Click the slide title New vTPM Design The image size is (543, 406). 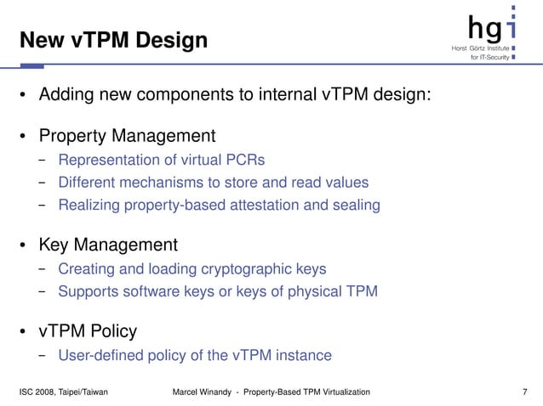click(113, 39)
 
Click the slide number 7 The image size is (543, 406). click(525, 392)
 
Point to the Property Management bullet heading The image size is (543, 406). click(127, 136)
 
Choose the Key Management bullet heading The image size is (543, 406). click(108, 245)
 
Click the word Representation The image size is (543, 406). click(109, 159)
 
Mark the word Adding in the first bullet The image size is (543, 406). click(66, 93)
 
